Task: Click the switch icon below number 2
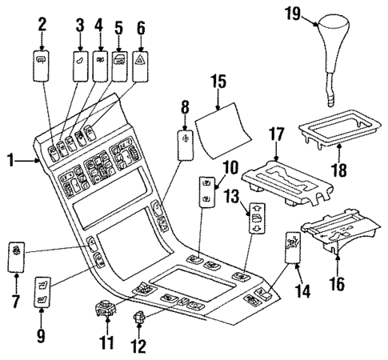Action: [x=42, y=66]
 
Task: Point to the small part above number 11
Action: [x=106, y=307]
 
